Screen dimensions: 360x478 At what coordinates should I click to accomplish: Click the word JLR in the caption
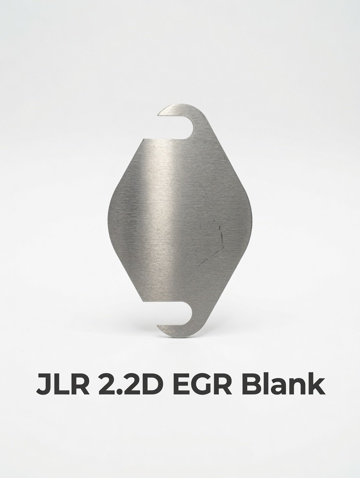coord(63,384)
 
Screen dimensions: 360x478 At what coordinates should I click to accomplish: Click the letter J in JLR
coord(43,384)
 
